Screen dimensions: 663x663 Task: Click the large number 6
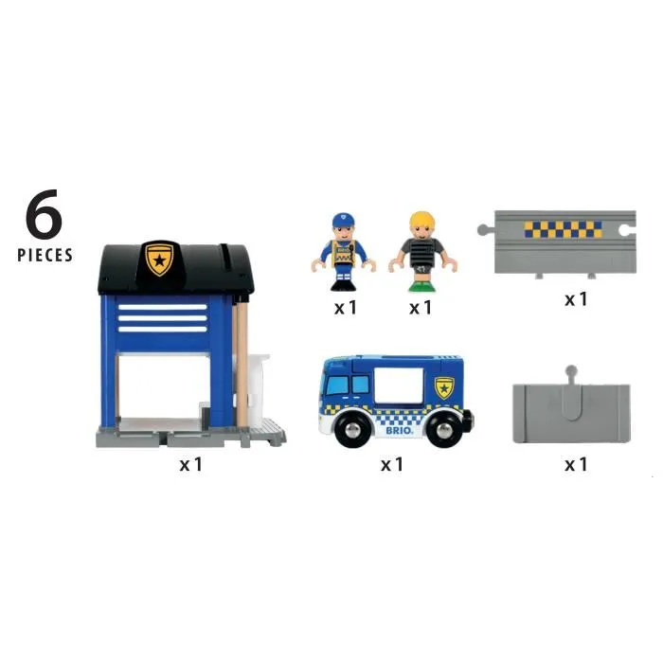pos(44,218)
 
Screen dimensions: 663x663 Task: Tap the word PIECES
pos(45,255)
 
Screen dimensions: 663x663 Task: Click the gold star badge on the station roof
pos(158,259)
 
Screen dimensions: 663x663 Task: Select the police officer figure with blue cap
pos(345,251)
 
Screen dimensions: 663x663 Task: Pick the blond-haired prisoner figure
pos(420,251)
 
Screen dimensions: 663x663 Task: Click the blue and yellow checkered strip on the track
pos(563,229)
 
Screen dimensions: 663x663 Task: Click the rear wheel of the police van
pos(443,429)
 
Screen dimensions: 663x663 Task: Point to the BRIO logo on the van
pos(398,426)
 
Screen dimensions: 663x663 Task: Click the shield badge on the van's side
pos(443,386)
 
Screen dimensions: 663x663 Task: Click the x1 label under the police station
pos(191,464)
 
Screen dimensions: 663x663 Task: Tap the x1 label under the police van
pos(392,464)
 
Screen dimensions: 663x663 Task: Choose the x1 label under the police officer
pos(345,307)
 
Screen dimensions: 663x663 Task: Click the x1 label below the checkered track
pos(576,298)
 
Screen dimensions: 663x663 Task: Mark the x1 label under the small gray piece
pos(576,464)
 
